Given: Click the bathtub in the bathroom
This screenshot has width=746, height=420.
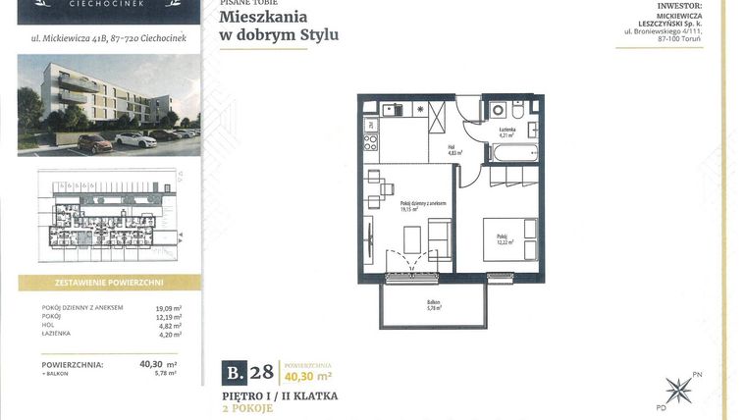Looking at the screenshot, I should point(513,153).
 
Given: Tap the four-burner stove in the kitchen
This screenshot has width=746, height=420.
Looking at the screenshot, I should point(371,143).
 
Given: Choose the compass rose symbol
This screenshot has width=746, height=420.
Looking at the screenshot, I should point(678,391).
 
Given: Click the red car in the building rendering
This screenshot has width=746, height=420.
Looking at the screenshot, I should point(95,144).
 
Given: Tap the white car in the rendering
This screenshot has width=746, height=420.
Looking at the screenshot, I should point(135,139).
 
